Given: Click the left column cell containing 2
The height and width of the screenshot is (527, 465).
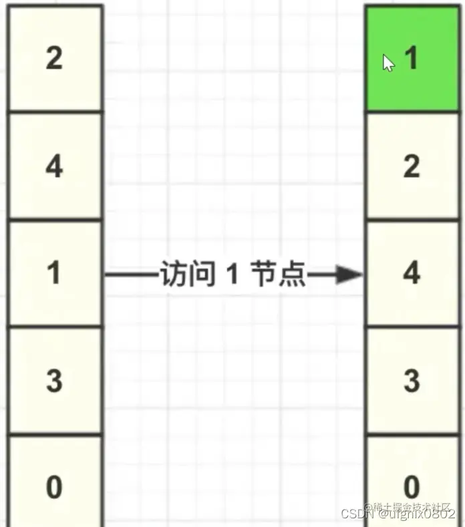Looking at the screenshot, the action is point(54,59).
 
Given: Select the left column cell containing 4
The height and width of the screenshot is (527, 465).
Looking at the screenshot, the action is point(54,166).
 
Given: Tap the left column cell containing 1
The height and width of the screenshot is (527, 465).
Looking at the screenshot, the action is point(54,273).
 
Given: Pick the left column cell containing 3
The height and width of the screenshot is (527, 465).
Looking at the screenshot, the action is point(54,381).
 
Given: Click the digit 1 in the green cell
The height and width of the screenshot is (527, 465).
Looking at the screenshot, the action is point(412,59).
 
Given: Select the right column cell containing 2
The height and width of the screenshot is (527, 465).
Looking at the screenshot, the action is point(412,166).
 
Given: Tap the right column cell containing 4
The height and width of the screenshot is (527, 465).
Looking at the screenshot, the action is point(412,273).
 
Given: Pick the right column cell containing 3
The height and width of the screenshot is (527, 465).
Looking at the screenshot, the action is point(412,381).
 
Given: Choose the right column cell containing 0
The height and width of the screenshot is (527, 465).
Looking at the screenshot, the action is point(412,484).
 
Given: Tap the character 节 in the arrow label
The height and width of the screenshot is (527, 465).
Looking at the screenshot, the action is point(262,274).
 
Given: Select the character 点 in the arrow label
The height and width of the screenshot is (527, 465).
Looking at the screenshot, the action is point(293,274).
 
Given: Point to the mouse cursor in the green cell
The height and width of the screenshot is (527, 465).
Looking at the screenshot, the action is point(388,63).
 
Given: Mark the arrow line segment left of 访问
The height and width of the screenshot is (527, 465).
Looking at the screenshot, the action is point(130,274).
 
